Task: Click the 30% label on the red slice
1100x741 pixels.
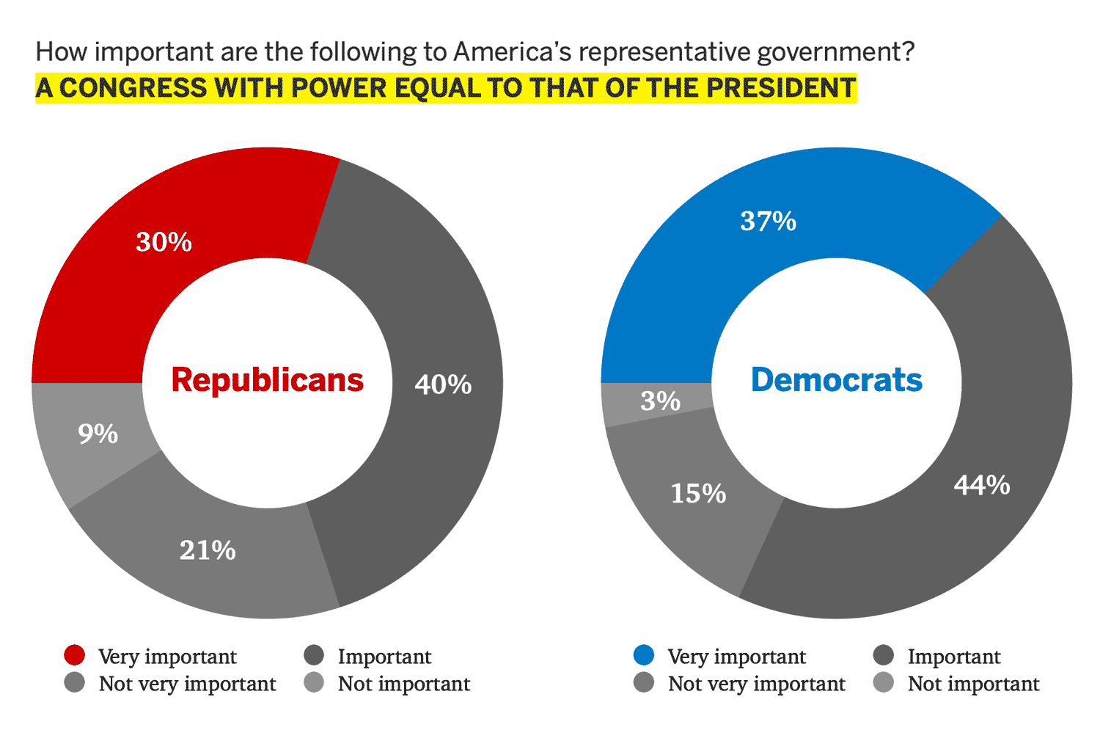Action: tap(164, 242)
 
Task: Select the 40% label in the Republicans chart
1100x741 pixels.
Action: tap(443, 384)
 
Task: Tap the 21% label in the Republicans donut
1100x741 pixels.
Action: tap(208, 550)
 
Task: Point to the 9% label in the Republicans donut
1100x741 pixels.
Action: tap(98, 434)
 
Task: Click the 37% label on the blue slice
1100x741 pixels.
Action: tap(768, 221)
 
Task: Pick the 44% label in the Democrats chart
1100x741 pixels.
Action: tap(982, 485)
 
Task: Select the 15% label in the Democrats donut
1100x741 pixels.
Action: tap(698, 493)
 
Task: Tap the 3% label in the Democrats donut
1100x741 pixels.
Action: tap(660, 401)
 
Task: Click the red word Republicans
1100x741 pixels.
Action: tap(267, 380)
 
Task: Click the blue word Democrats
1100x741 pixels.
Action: tap(836, 380)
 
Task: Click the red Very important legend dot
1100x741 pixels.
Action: tap(75, 655)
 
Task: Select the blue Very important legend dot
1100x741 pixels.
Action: tap(644, 655)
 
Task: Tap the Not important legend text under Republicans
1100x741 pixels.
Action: tap(403, 684)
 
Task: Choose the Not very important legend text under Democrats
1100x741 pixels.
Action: tap(756, 684)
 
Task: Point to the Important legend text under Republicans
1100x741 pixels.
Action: tap(384, 657)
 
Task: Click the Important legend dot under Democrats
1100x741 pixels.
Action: tap(884, 655)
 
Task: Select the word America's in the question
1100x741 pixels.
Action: tap(513, 52)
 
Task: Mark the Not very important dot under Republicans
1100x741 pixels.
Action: tap(75, 682)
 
